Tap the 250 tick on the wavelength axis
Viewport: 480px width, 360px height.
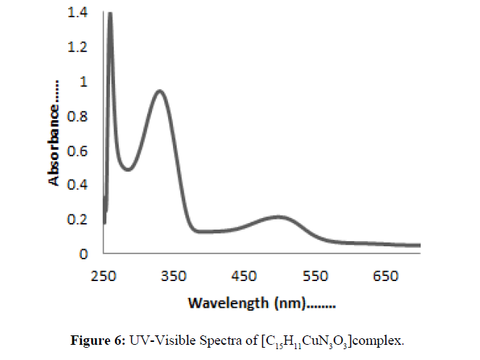pyautogui.click(x=104, y=276)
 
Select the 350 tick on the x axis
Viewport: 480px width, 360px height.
pyautogui.click(x=174, y=276)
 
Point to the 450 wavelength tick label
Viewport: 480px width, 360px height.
pyautogui.click(x=245, y=276)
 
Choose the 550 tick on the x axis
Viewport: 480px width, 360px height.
pyautogui.click(x=315, y=276)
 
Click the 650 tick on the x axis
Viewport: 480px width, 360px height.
pyautogui.click(x=385, y=276)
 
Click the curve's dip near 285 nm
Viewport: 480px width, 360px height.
pyautogui.click(x=127, y=169)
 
